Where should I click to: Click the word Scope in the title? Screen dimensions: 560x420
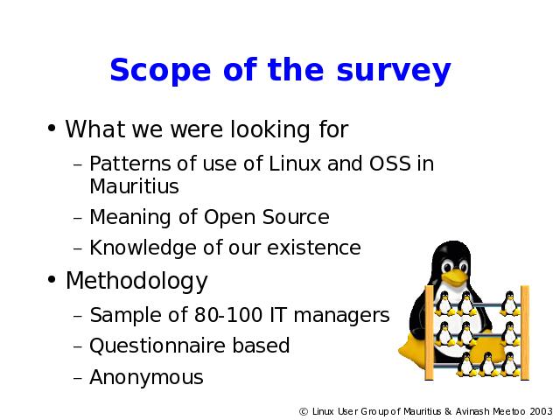(x=160, y=70)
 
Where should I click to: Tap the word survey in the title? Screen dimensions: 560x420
(x=394, y=72)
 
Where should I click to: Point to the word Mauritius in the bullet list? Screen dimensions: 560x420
(x=134, y=186)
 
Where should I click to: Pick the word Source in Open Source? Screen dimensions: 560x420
(x=296, y=217)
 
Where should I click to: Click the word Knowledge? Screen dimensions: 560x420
(x=143, y=248)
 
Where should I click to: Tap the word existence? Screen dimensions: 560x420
(x=314, y=248)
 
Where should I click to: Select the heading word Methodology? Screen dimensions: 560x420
(x=136, y=282)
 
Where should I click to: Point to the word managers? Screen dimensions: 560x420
(x=341, y=316)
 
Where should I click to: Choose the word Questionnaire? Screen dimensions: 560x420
(x=157, y=346)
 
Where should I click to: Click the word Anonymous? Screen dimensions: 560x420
(x=146, y=377)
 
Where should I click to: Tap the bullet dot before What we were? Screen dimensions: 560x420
(x=52, y=129)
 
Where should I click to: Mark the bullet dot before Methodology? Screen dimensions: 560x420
(x=52, y=280)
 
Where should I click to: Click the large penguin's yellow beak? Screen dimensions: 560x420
(x=454, y=277)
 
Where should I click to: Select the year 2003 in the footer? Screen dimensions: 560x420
(x=541, y=411)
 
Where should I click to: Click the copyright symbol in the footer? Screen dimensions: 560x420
(x=304, y=412)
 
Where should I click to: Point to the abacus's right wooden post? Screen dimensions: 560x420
(x=525, y=332)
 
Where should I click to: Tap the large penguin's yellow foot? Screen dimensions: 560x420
(x=414, y=350)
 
